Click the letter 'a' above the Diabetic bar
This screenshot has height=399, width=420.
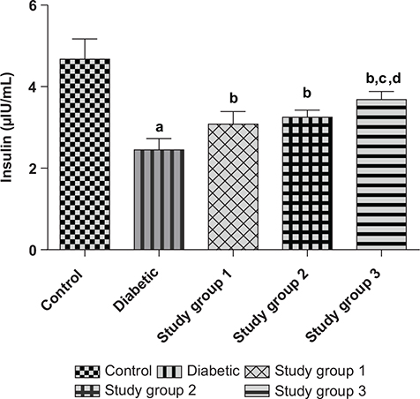pyautogui.click(x=159, y=127)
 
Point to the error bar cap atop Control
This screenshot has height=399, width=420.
pyautogui.click(x=85, y=39)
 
